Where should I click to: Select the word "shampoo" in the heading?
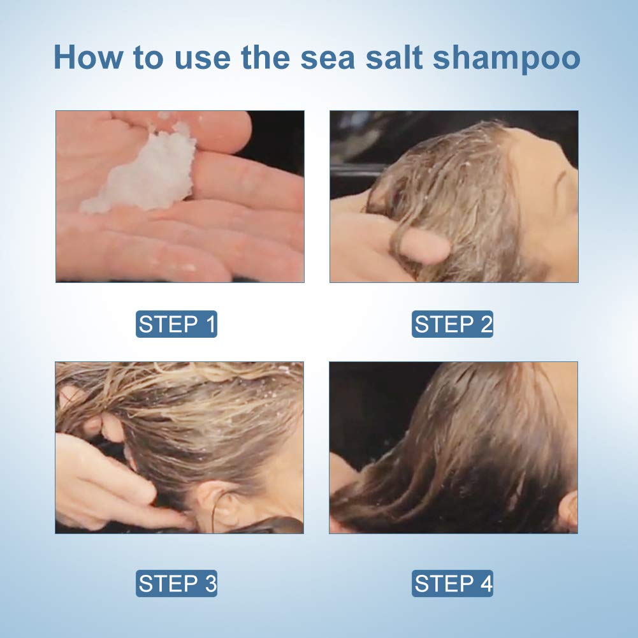coord(507,57)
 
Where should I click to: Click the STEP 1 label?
coord(177,324)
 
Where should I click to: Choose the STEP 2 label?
coord(453,324)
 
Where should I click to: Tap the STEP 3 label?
coord(177,584)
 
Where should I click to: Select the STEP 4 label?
coord(453,584)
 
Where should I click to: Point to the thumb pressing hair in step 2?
coord(424,247)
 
